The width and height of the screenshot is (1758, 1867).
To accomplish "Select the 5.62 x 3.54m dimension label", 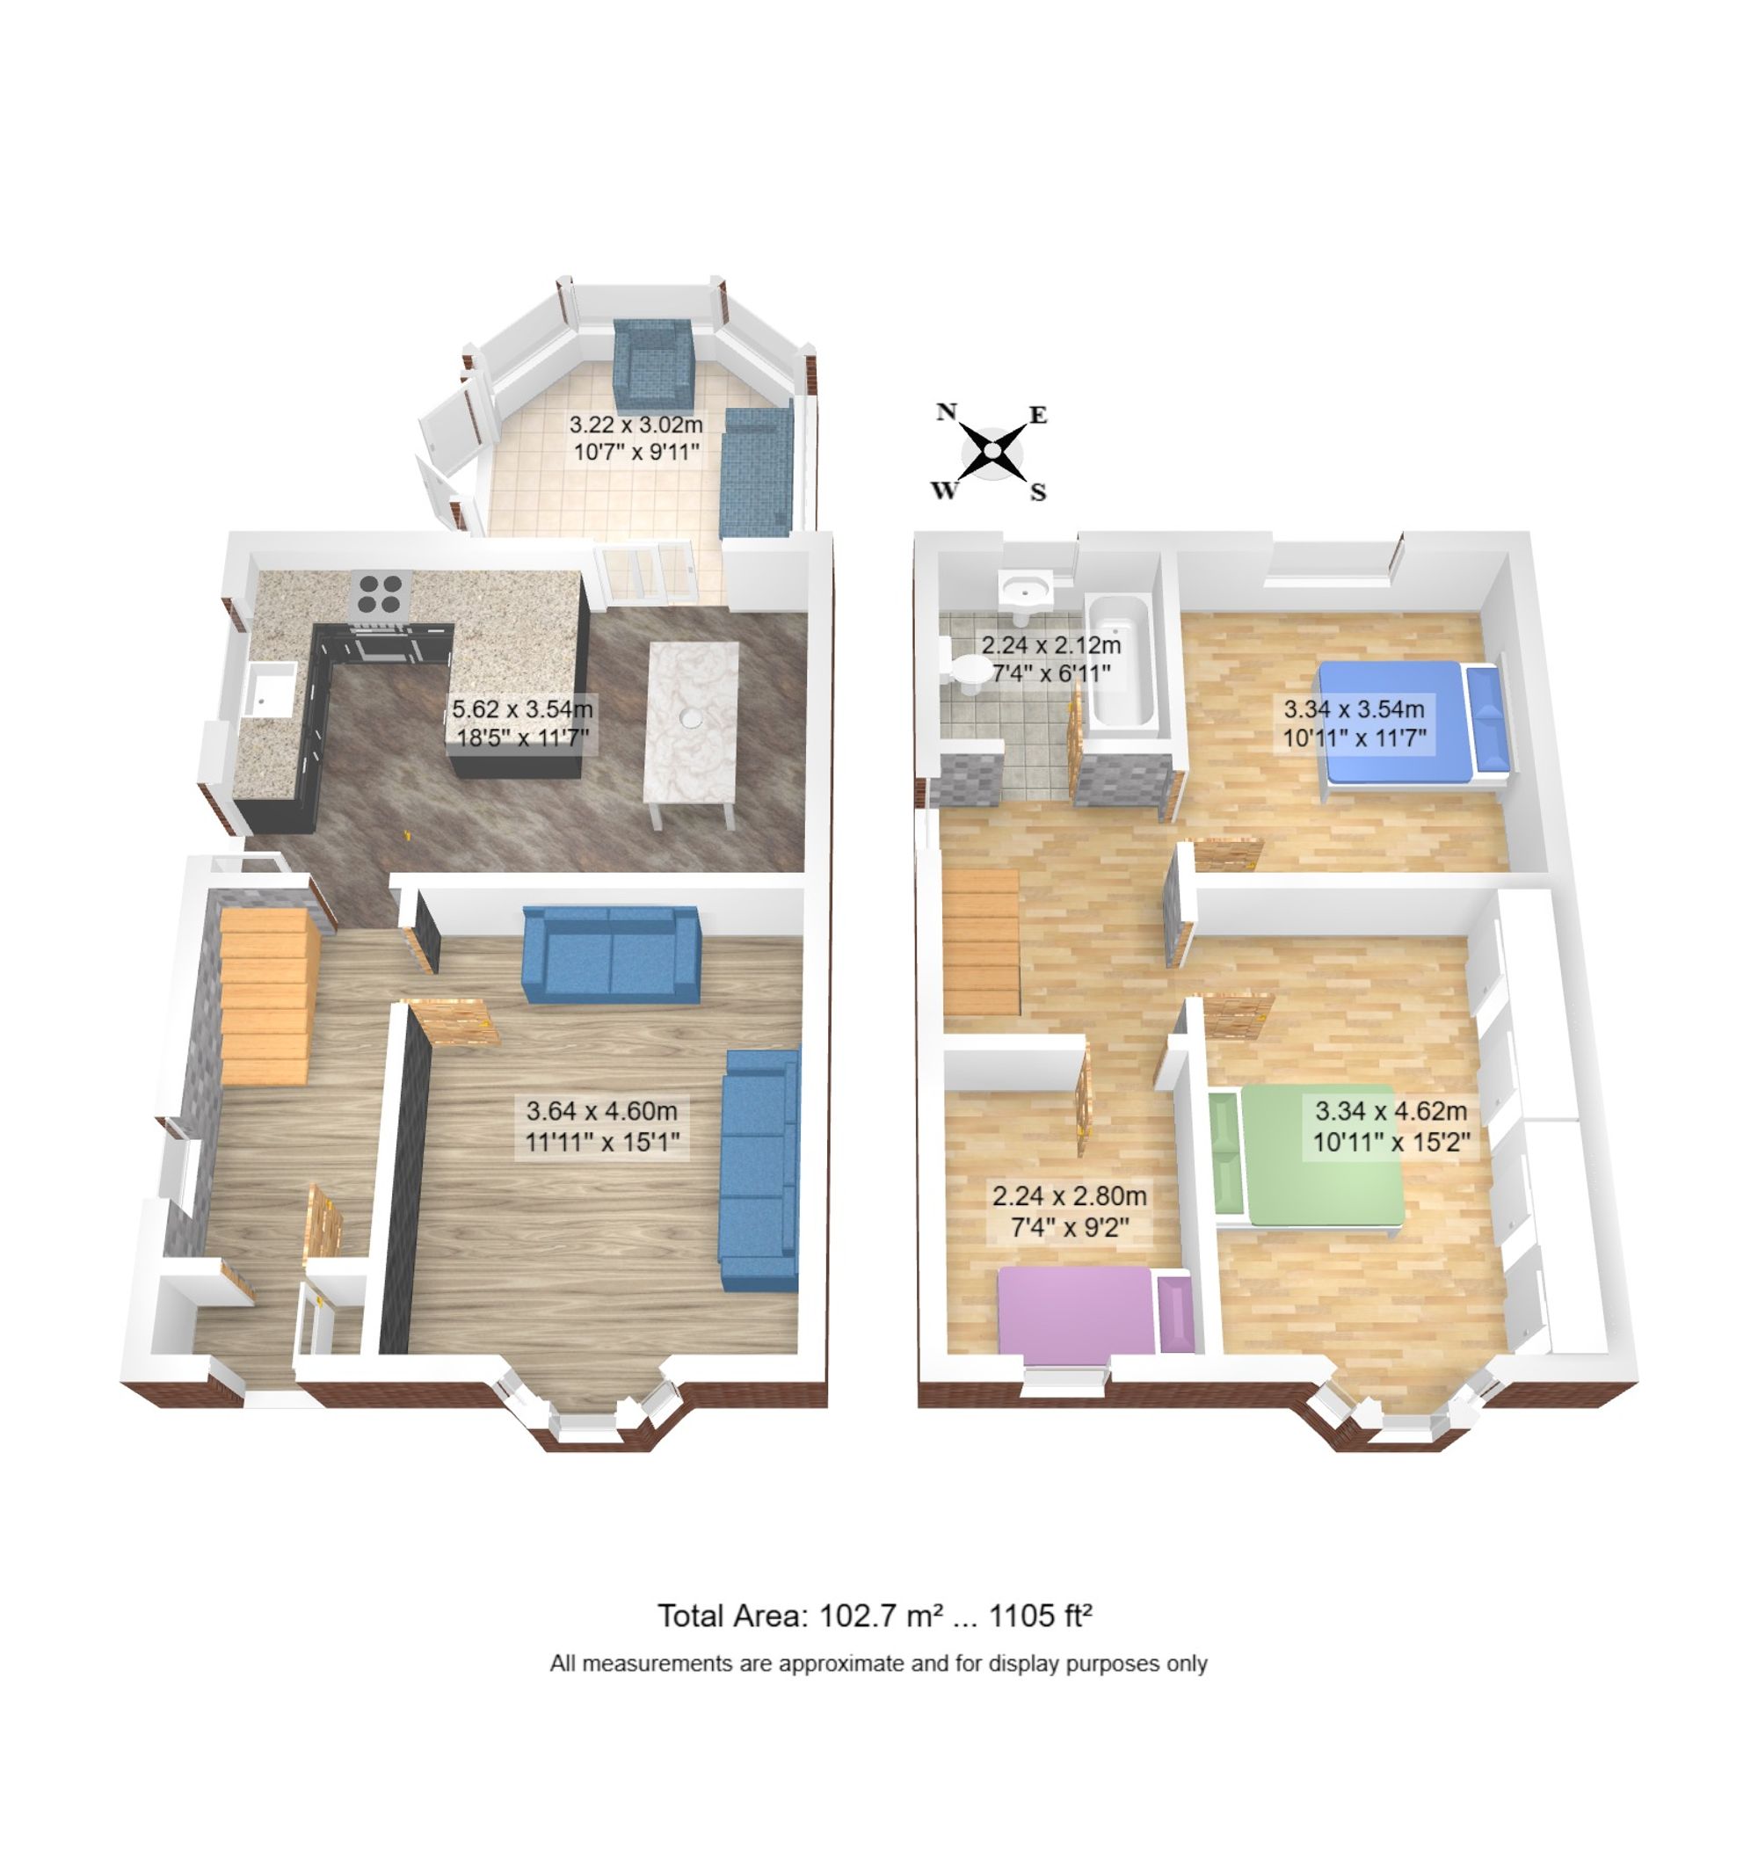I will click(522, 723).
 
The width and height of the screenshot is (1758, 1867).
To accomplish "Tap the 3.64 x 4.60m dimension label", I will click(602, 1126).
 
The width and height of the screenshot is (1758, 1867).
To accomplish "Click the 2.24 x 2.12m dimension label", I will click(1051, 658).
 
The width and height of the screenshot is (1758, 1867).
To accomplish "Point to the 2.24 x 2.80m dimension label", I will click(1069, 1210).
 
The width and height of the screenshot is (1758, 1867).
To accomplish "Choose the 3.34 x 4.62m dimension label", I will click(1391, 1126).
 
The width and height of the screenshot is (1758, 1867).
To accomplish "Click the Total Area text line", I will click(875, 1616).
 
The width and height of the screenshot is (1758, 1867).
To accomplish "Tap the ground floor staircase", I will click(265, 996).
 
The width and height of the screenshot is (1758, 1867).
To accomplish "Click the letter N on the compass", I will click(947, 411).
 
